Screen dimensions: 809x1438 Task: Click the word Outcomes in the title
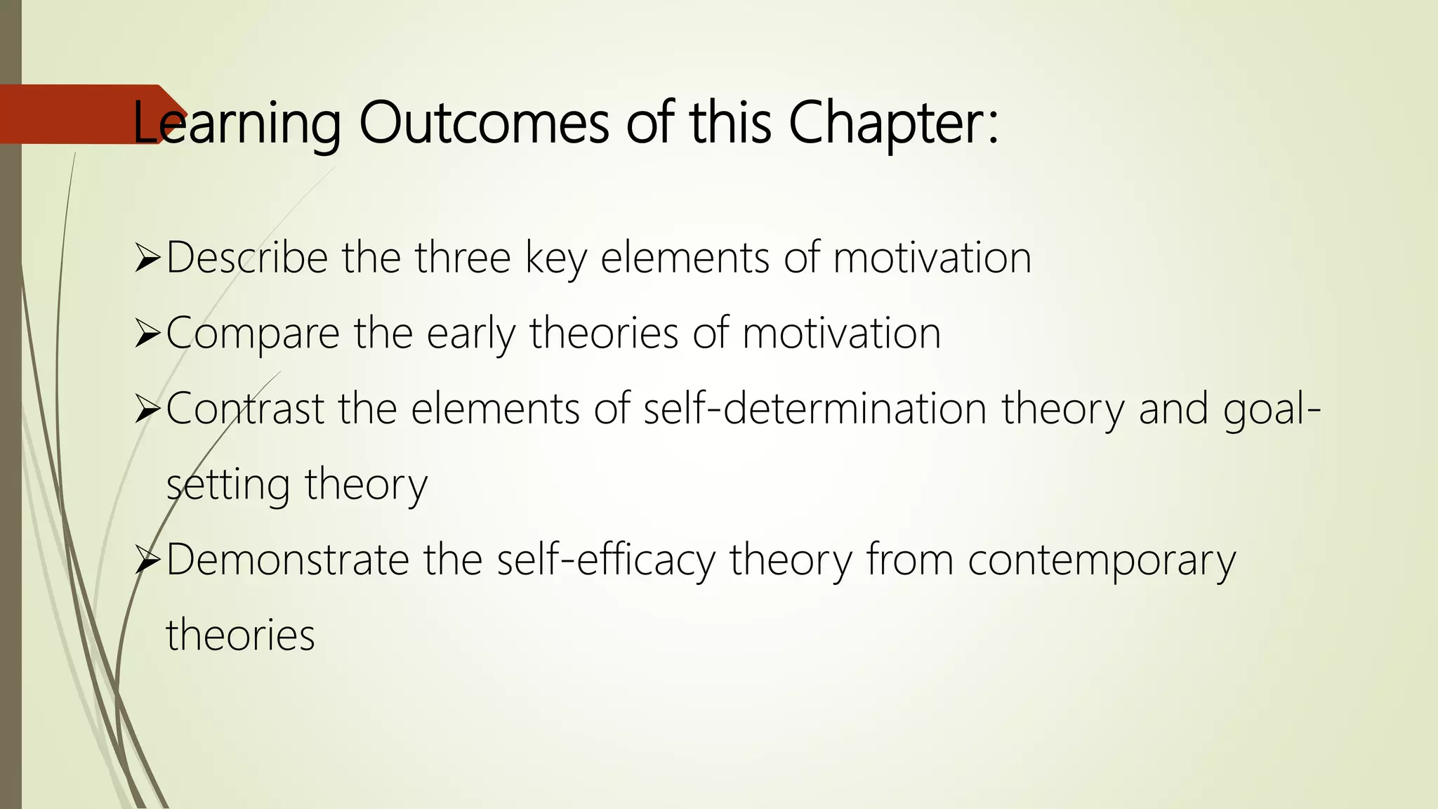tap(483, 123)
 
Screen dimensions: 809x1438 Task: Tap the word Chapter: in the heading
tap(892, 123)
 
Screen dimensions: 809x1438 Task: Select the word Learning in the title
tap(237, 124)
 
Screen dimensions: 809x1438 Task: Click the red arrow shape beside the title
tap(77, 114)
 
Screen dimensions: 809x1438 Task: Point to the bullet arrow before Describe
tap(147, 259)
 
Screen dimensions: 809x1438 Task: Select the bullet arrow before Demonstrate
tap(147, 562)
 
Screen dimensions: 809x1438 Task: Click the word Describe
tap(246, 258)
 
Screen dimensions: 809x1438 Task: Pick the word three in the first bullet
tap(462, 258)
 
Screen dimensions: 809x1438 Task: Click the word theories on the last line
tap(240, 635)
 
